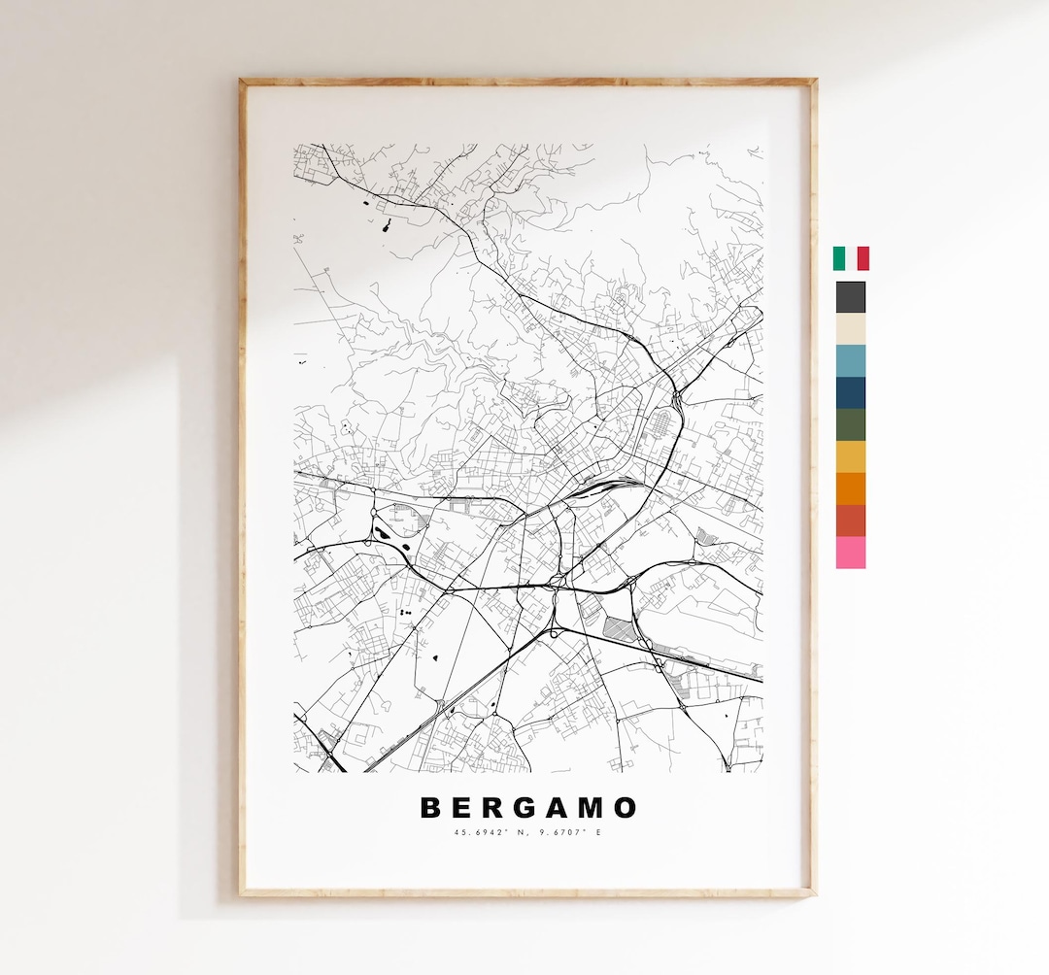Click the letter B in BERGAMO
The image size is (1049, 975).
(x=428, y=808)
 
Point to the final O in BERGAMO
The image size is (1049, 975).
(x=626, y=808)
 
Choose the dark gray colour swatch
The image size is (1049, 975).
(x=851, y=297)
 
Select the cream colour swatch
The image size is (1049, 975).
(x=851, y=329)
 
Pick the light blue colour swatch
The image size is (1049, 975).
(x=851, y=361)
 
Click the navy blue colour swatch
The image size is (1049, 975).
(x=851, y=393)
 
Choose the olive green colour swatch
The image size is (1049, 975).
(x=851, y=425)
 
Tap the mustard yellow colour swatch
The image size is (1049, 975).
(x=851, y=457)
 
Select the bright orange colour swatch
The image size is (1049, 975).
(x=851, y=488)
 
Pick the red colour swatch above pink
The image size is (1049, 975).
(x=851, y=521)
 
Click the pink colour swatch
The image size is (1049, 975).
(x=851, y=553)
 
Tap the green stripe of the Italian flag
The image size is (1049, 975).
(x=838, y=258)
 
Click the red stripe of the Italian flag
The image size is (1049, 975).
(x=863, y=258)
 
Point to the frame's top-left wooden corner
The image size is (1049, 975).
(x=244, y=84)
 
